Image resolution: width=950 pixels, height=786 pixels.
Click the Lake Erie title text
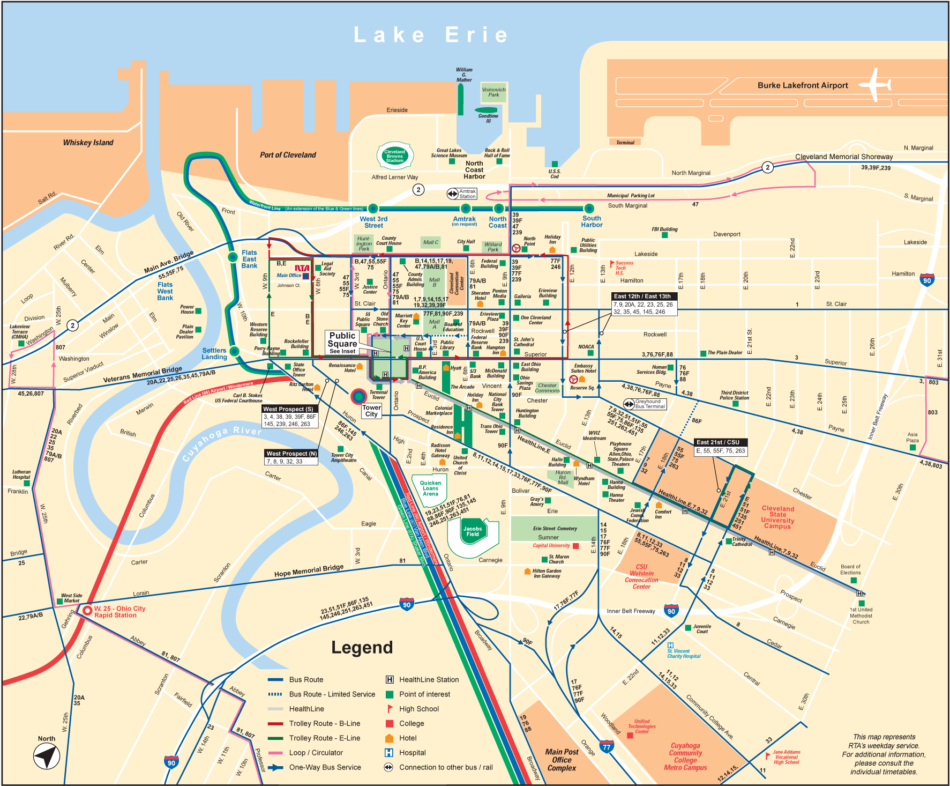tap(431, 35)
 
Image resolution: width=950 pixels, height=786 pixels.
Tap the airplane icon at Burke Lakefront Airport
tap(875, 84)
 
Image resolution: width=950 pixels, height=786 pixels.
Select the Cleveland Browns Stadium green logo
tap(394, 156)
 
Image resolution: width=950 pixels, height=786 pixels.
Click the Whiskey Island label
tap(88, 143)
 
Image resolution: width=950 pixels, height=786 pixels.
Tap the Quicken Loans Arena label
tap(430, 488)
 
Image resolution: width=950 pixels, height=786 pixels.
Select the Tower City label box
tap(371, 411)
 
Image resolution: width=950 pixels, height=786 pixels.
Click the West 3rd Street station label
tap(373, 222)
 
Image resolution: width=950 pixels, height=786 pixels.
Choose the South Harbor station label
tap(592, 221)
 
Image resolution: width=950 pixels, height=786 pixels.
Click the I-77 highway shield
tap(606, 747)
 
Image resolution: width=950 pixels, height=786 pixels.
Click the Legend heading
tap(362, 648)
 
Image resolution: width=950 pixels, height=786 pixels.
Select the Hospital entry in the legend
tap(412, 753)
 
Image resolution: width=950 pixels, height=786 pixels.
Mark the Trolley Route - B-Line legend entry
tap(324, 723)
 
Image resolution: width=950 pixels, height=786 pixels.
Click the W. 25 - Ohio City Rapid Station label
tap(119, 612)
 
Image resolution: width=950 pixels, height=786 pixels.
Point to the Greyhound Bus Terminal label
tap(650, 404)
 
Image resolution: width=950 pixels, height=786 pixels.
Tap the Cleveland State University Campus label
tap(777, 517)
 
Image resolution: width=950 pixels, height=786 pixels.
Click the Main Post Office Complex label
tap(562, 760)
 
